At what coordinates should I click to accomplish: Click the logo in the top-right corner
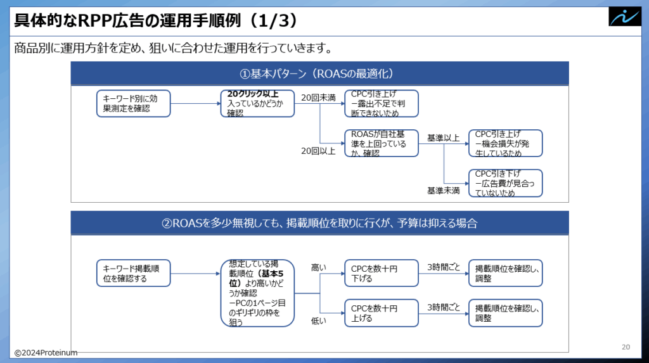[624, 17]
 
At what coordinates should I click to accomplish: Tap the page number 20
[626, 347]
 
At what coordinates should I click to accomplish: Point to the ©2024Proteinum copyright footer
[46, 353]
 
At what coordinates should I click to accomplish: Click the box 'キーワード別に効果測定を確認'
[133, 103]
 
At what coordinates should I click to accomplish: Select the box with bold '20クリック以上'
[257, 103]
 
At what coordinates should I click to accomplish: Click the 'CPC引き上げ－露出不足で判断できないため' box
[382, 103]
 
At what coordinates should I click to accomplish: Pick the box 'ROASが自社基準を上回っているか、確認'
[382, 143]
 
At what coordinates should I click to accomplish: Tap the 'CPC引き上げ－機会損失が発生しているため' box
[505, 143]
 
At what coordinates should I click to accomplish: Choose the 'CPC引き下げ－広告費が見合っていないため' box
[505, 183]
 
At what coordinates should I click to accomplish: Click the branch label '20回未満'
[318, 98]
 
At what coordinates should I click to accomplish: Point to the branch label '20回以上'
[318, 151]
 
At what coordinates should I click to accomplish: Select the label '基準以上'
[443, 138]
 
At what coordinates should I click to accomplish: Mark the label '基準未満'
[443, 191]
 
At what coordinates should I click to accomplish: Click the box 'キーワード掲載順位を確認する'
[133, 273]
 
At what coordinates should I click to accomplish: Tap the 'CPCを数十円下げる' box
[382, 273]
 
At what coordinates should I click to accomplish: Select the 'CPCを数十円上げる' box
[382, 313]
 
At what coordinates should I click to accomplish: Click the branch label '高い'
[319, 268]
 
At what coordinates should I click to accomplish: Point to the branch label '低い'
[319, 321]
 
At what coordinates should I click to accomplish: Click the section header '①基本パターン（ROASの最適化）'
[317, 73]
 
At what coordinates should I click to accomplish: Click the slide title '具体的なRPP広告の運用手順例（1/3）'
[156, 20]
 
